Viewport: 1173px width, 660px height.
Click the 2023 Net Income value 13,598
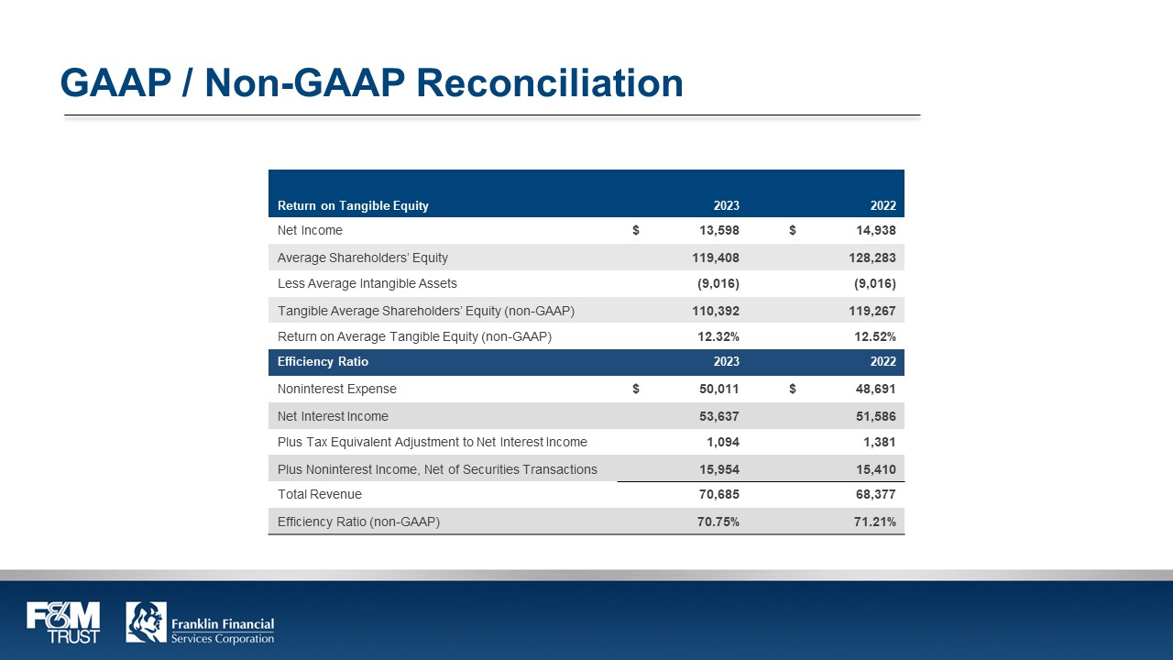pos(716,231)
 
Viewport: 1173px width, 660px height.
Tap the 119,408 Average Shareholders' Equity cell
pos(716,258)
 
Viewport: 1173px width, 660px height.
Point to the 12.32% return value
pos(718,336)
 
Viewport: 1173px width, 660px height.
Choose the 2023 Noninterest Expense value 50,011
pos(716,390)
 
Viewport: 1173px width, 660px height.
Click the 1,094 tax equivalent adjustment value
pos(721,442)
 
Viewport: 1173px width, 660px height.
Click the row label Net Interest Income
pos(333,416)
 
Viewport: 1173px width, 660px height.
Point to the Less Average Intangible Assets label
pos(367,284)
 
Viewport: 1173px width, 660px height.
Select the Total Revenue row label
pos(320,495)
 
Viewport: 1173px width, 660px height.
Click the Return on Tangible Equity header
pos(353,205)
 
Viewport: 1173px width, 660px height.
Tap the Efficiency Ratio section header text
pos(323,362)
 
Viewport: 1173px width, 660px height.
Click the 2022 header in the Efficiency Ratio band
pos(883,362)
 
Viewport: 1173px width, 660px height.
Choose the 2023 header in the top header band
pos(727,205)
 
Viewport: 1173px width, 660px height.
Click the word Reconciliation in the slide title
pos(550,82)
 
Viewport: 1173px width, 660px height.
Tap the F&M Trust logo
pos(63,622)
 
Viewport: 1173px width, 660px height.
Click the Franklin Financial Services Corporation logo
pos(200,622)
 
